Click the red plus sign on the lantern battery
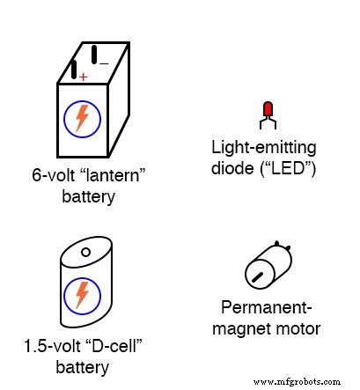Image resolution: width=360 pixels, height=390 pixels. pyautogui.click(x=83, y=77)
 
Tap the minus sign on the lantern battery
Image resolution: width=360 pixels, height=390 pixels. pyautogui.click(x=105, y=63)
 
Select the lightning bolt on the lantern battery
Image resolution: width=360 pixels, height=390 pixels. pyautogui.click(x=82, y=118)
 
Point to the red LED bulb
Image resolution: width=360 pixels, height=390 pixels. pyautogui.click(x=268, y=109)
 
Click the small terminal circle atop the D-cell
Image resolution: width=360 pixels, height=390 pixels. pyautogui.click(x=86, y=253)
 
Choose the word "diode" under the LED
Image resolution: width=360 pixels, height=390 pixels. pyautogui.click(x=231, y=167)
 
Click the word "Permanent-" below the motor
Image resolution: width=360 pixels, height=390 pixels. pyautogui.click(x=270, y=309)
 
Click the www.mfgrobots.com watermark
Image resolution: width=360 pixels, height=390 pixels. pyautogui.click(x=297, y=382)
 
